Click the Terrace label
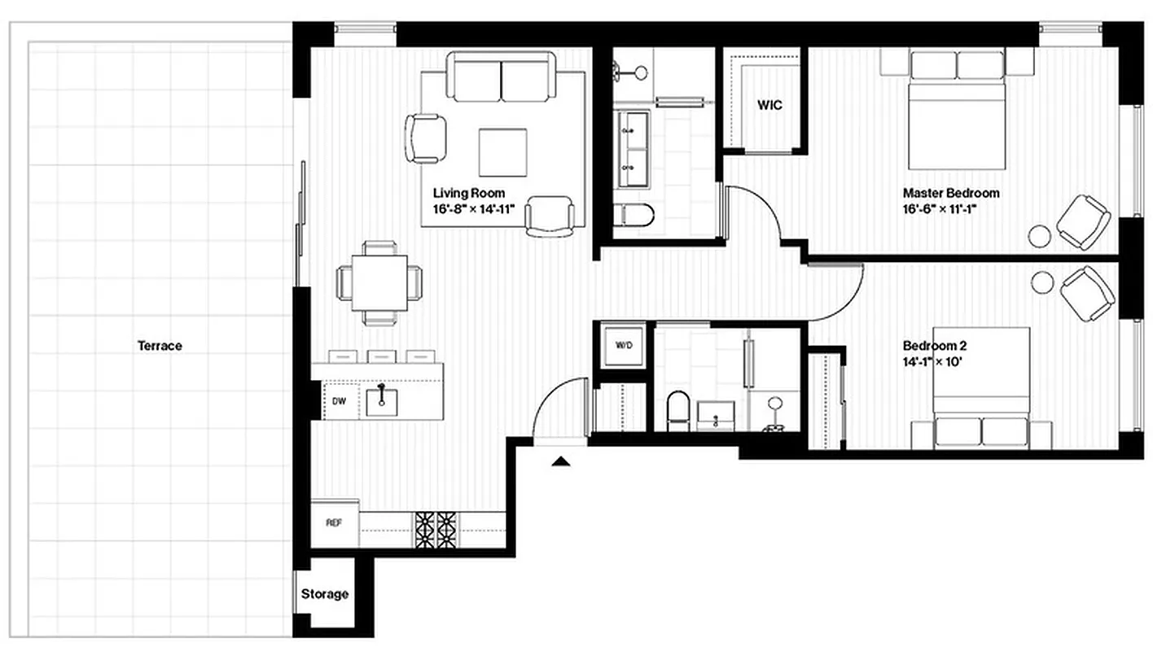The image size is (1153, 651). (x=160, y=346)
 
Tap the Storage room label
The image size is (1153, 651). (x=325, y=594)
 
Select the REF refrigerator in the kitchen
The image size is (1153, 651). (x=334, y=522)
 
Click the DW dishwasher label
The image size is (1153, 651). (x=340, y=400)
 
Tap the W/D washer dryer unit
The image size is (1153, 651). (x=623, y=345)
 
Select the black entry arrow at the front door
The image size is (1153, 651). (x=560, y=463)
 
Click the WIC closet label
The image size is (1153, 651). (x=769, y=106)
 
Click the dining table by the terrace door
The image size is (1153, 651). (x=379, y=282)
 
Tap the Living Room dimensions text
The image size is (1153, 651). (x=480, y=209)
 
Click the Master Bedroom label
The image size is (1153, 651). (x=950, y=194)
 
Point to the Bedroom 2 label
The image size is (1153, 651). (x=935, y=345)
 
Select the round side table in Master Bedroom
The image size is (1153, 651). (x=1040, y=235)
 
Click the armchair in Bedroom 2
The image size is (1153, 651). (x=1087, y=293)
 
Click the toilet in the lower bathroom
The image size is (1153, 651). (x=677, y=412)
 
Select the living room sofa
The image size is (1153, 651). (x=502, y=77)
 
